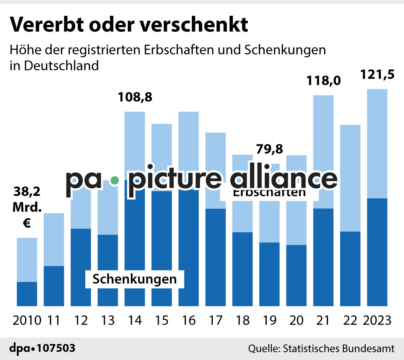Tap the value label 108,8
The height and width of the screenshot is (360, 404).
pos(134,97)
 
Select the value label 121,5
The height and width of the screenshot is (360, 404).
pos(377,74)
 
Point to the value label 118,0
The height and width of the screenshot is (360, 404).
pos(323,81)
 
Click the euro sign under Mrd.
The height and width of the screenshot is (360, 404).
pos(27,223)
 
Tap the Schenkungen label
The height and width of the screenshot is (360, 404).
pos(135,279)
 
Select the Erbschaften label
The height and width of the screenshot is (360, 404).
pos(269,193)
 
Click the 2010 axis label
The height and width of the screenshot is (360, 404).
pos(27,320)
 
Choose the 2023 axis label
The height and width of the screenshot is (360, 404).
pos(377,320)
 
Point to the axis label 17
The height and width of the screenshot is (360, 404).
pos(215,320)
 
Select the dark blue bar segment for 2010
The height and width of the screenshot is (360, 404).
pos(27,294)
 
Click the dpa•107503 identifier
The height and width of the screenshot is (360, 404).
pos(42,349)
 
